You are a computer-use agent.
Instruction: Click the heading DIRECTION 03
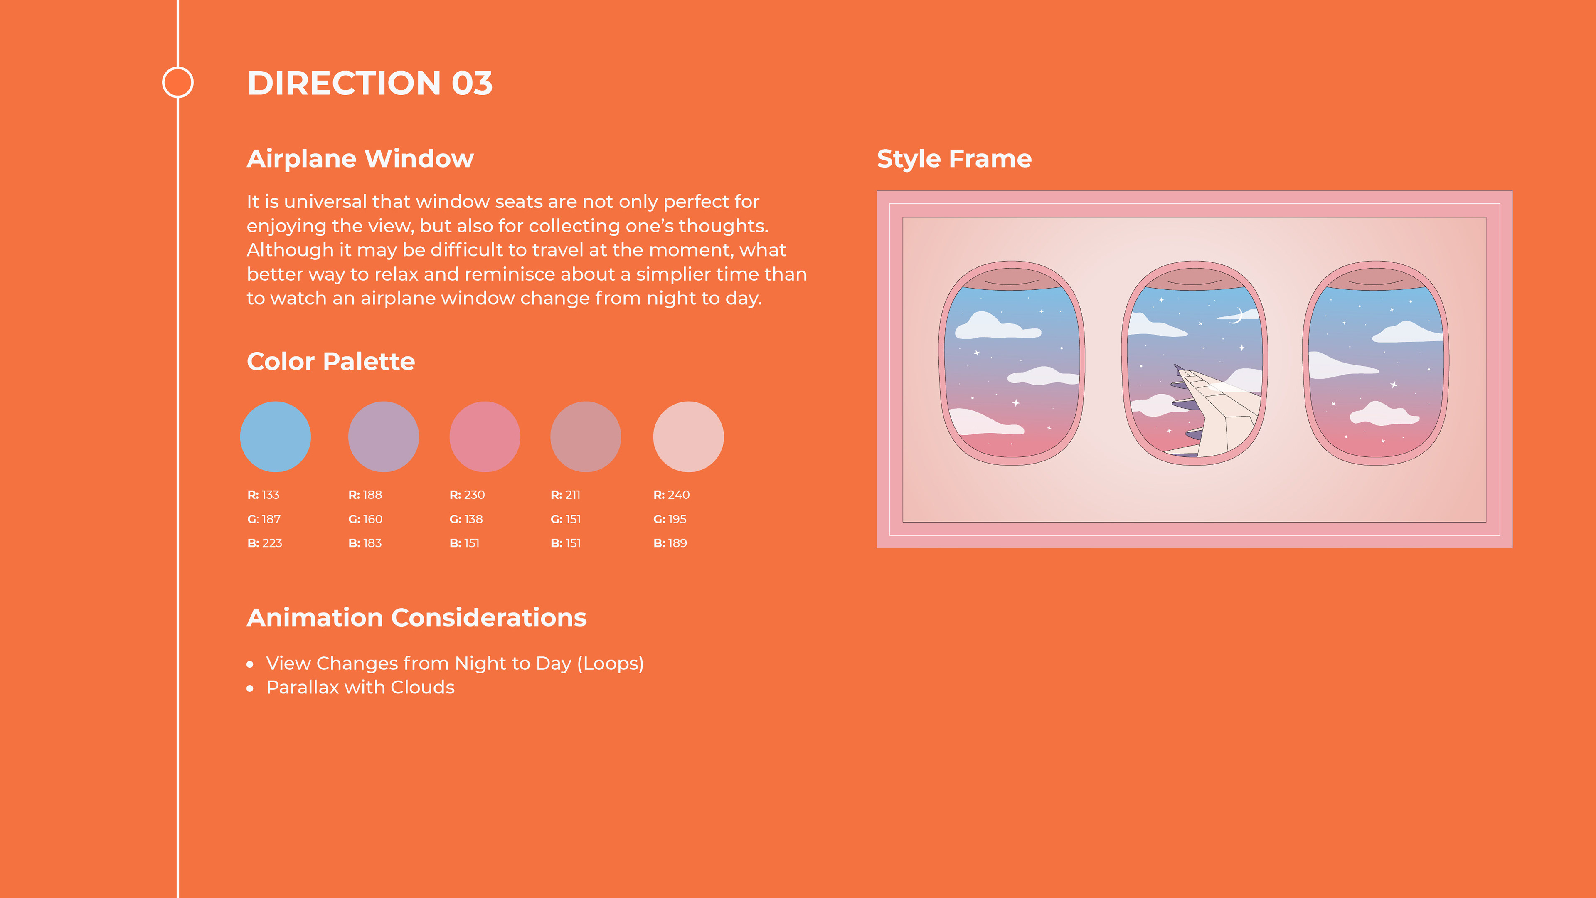[370, 83]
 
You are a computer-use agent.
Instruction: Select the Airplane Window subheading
[360, 159]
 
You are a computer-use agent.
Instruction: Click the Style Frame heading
[954, 159]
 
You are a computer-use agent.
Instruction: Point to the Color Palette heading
[331, 361]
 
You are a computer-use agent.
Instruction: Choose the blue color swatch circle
[276, 437]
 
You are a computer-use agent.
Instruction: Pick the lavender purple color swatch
[384, 437]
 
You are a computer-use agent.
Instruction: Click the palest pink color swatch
[688, 437]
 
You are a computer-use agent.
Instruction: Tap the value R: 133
[264, 495]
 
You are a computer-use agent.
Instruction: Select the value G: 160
[366, 519]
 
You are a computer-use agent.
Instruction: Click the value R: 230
[467, 495]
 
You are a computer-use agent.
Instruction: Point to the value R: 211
[566, 495]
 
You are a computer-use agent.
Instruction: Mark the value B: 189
[670, 543]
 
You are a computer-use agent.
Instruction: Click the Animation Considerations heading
[416, 618]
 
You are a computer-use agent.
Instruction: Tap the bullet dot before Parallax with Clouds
[250, 688]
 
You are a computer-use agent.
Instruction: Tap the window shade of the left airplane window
[1012, 279]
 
